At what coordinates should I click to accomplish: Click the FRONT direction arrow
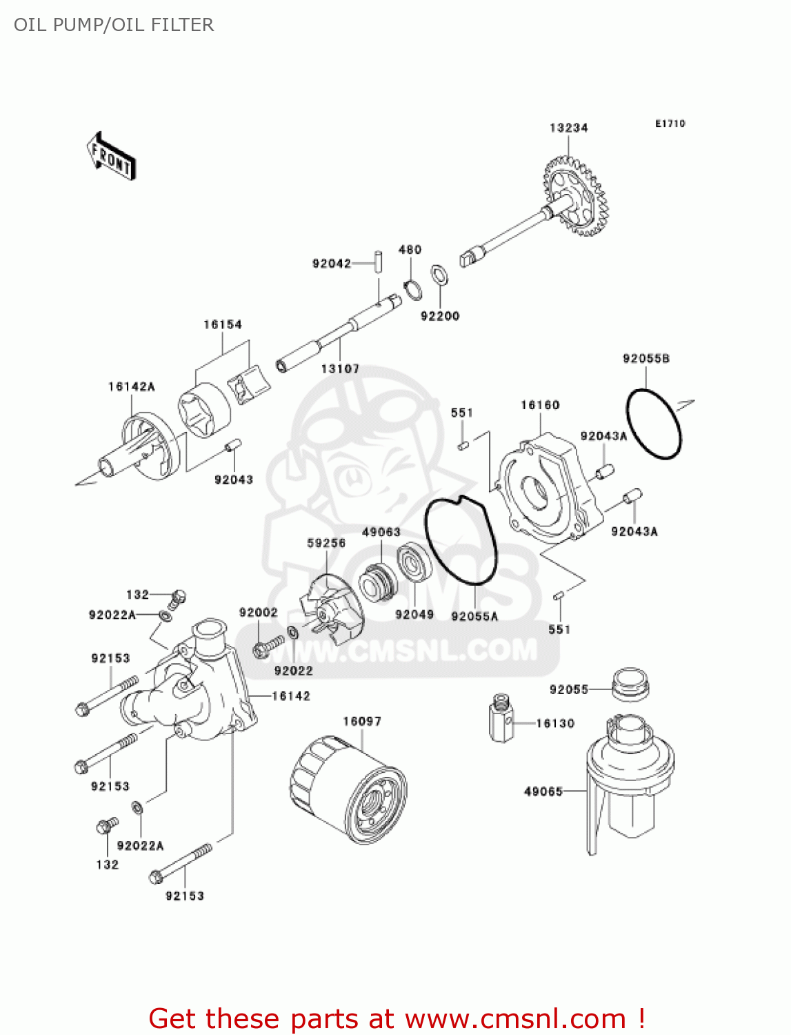111,157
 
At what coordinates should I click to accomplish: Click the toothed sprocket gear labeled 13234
574,196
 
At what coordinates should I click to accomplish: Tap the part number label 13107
340,369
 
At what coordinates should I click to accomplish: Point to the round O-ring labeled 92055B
653,424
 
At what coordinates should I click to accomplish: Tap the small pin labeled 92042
378,263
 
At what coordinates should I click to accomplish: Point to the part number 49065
543,791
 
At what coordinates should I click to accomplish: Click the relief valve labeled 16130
502,718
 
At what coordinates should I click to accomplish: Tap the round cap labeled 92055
630,683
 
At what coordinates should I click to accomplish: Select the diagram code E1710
670,124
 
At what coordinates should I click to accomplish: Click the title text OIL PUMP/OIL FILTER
114,25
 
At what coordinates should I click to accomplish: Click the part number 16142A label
131,386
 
